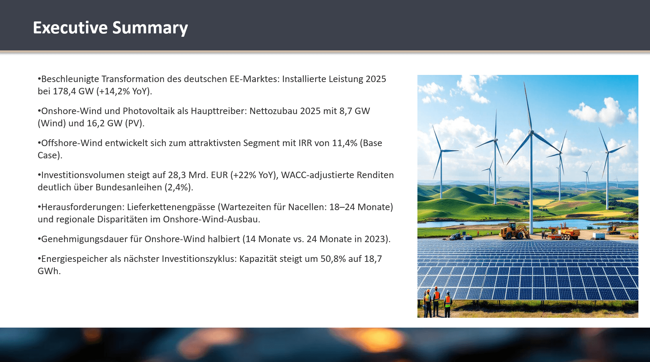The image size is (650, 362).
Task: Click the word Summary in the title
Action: pos(150,28)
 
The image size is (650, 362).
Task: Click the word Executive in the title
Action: pos(70,28)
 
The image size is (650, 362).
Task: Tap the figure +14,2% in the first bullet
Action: pos(115,91)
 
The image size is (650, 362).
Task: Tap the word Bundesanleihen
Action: pos(129,187)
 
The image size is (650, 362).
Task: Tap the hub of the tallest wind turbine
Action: pos(531,131)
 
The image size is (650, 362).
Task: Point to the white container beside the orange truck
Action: pos(598,235)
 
